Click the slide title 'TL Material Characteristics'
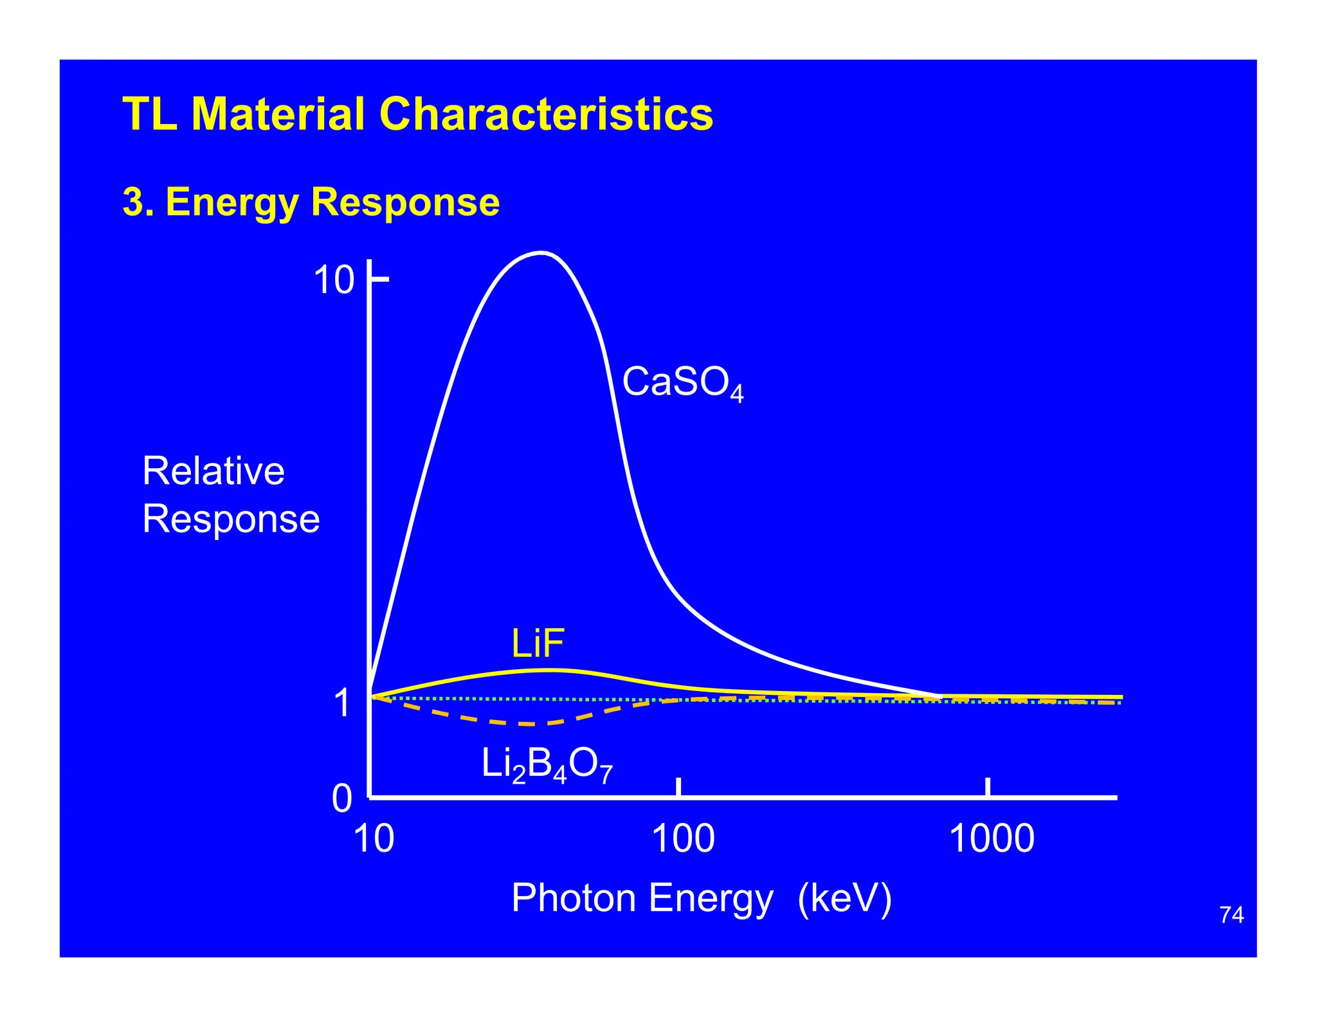(x=417, y=114)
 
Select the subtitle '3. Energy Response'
(x=311, y=202)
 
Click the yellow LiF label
(x=538, y=643)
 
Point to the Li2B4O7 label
(x=547, y=766)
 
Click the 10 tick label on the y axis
(x=334, y=280)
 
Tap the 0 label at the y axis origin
(x=342, y=798)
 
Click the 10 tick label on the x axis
(x=374, y=839)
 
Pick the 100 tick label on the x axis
(x=682, y=839)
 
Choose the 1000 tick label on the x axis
(x=992, y=839)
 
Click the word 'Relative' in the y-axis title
(x=213, y=471)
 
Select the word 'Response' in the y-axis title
(x=231, y=519)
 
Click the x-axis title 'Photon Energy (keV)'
(x=701, y=897)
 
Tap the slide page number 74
(x=1231, y=915)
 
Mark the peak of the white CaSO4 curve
(x=541, y=253)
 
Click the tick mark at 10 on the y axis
(x=380, y=279)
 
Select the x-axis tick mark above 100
(x=678, y=787)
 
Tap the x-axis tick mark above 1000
(x=988, y=787)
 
